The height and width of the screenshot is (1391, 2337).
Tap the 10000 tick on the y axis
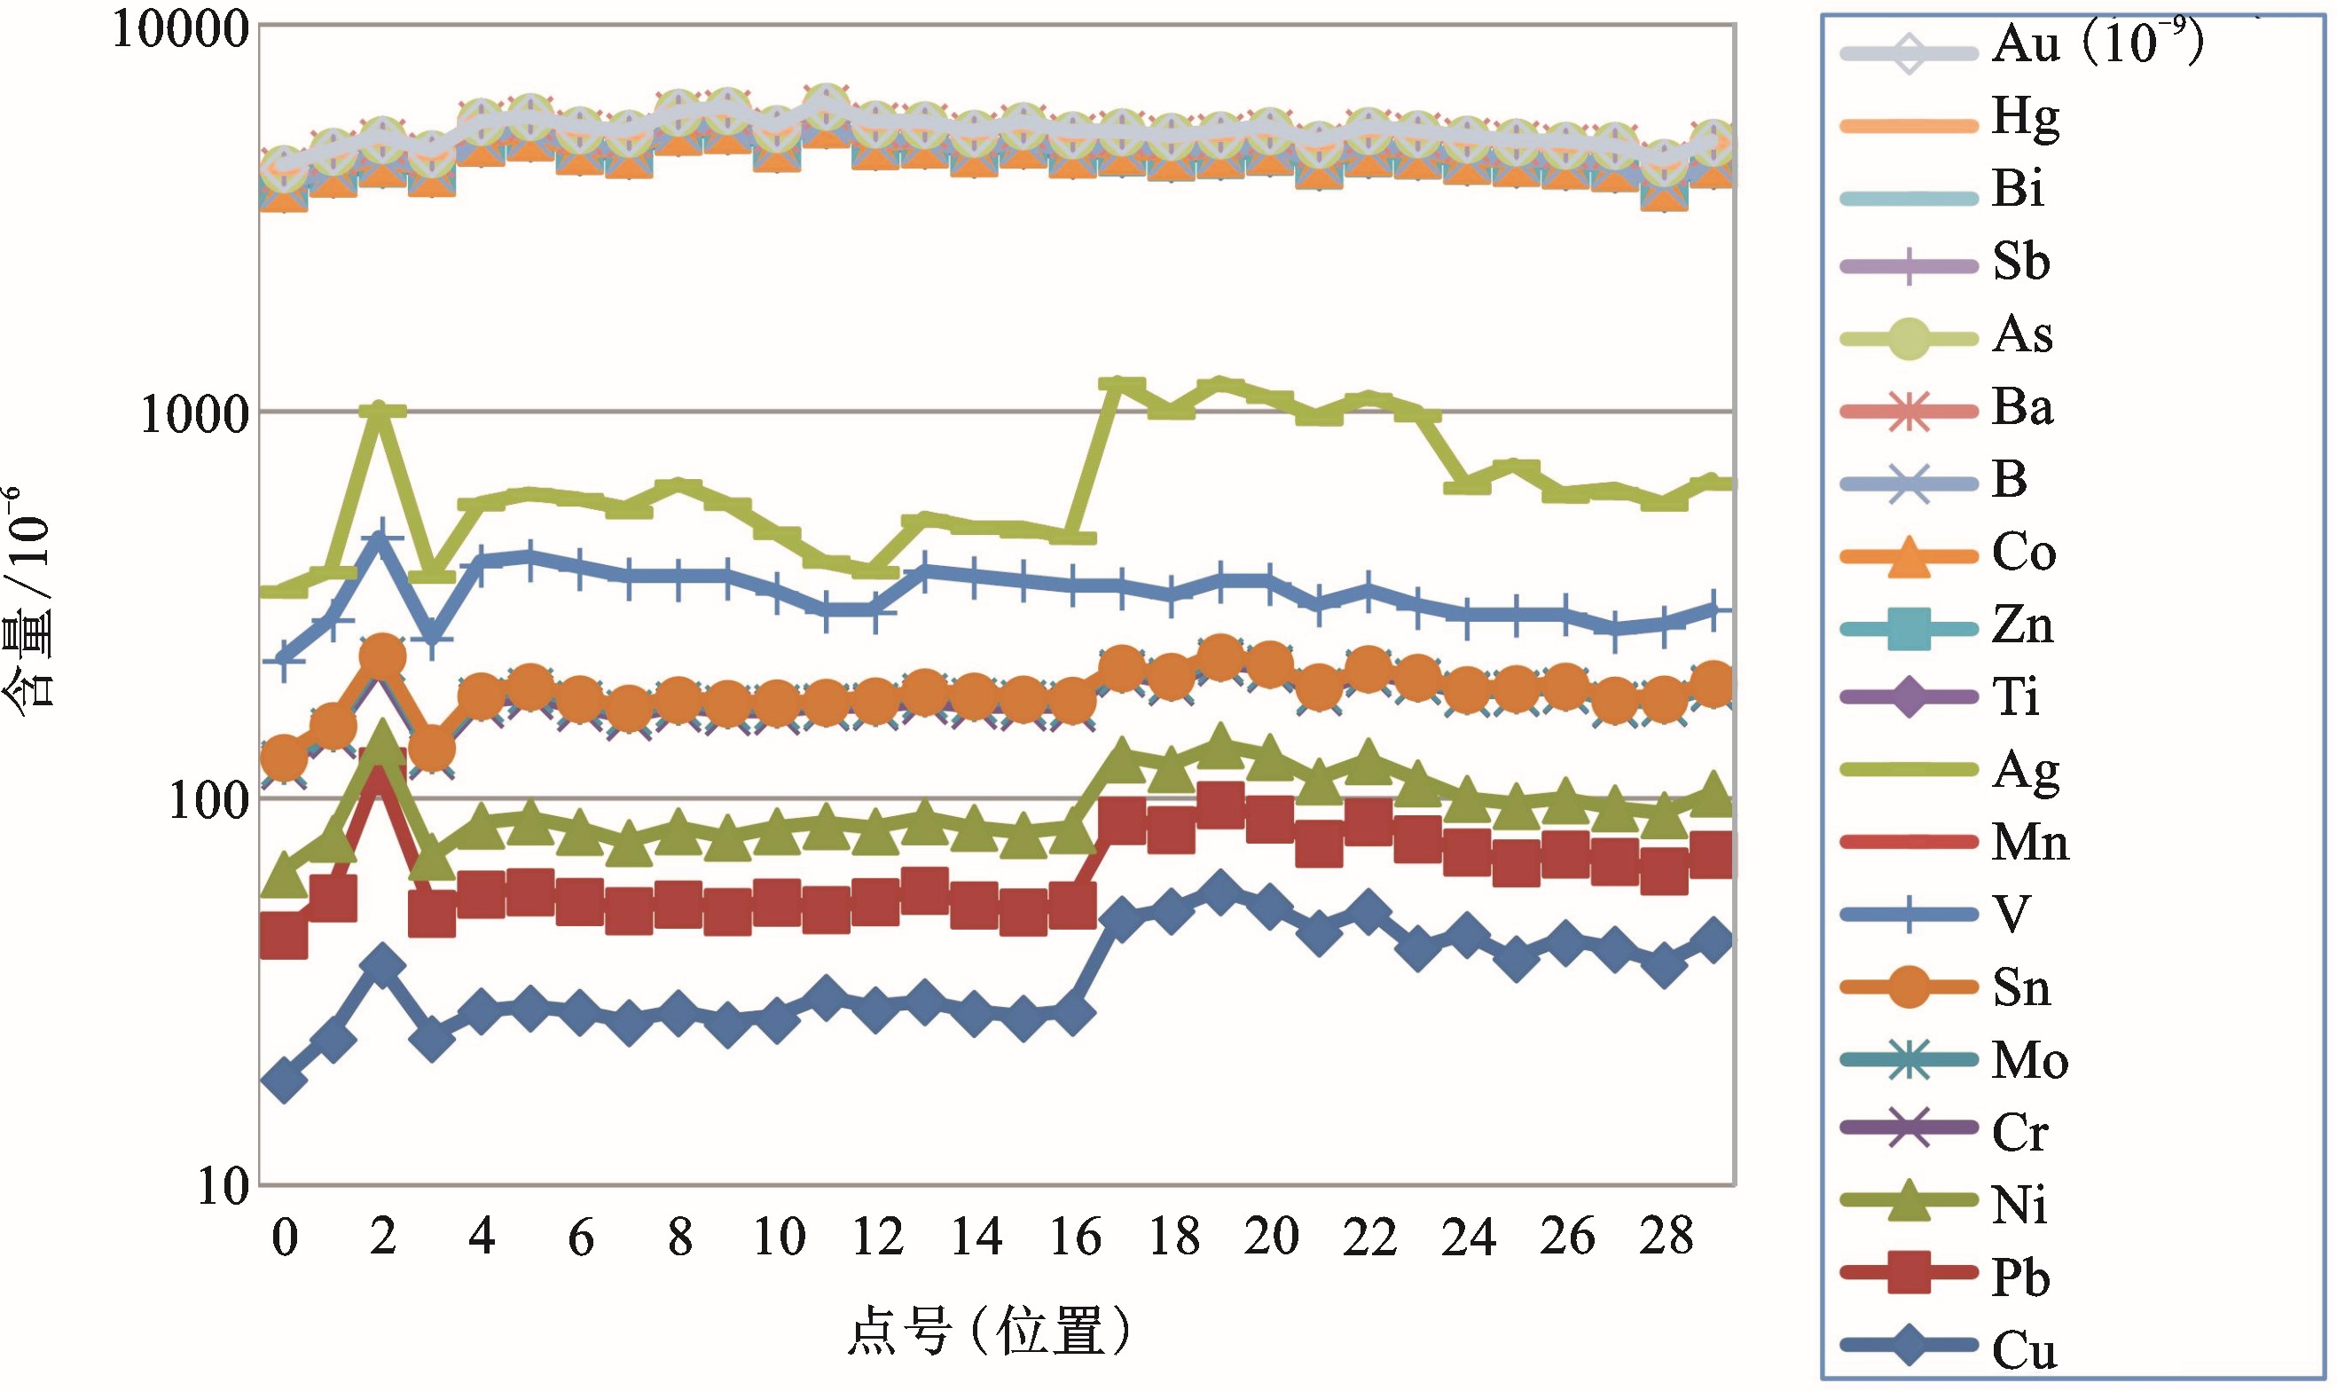[181, 30]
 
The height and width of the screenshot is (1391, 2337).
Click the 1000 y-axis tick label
[195, 413]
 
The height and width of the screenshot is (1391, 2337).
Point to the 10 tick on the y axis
[223, 1188]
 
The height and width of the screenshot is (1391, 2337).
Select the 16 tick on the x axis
[1075, 1238]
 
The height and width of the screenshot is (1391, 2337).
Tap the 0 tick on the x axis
[285, 1238]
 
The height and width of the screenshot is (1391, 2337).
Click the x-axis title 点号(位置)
[989, 1331]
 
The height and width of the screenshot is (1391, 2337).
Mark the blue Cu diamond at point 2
[382, 966]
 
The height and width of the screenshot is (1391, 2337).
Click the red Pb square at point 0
[284, 934]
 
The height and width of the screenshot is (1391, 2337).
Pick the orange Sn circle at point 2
[382, 657]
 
